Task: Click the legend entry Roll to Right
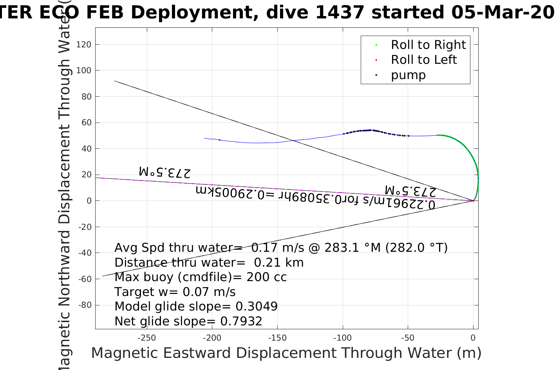point(428,45)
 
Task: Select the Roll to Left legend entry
point(423,60)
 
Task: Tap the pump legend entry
point(408,75)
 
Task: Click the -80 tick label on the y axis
point(85,305)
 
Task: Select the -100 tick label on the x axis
point(343,338)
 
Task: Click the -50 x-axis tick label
point(408,338)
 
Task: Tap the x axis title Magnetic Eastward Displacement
point(286,353)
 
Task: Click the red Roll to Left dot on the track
point(219,140)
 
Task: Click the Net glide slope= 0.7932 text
point(188,321)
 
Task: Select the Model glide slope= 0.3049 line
point(196,307)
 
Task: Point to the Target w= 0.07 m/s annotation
point(175,292)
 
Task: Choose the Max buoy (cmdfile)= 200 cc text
point(200,277)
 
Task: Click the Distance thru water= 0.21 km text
point(209,262)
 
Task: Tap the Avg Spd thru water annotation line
point(280,248)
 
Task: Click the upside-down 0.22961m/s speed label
point(315,197)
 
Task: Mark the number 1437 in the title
point(340,13)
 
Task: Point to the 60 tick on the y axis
point(86,123)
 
